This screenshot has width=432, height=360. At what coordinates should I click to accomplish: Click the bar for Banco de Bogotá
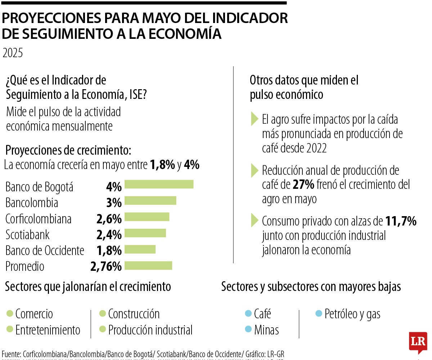pyautogui.click(x=159, y=184)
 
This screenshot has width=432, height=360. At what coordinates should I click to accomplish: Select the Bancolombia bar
pyautogui.click(x=150, y=200)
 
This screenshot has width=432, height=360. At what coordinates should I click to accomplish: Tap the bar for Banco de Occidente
pyautogui.click(x=140, y=249)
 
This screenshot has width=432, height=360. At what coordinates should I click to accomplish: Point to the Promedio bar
pyautogui.click(x=148, y=265)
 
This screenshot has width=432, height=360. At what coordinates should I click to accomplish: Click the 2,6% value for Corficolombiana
pyautogui.click(x=109, y=219)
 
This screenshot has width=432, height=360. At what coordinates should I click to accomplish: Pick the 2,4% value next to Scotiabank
pyautogui.click(x=109, y=235)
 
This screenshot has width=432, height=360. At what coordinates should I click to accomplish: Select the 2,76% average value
pyautogui.click(x=106, y=266)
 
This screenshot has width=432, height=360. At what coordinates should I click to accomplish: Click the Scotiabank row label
pyautogui.click(x=28, y=235)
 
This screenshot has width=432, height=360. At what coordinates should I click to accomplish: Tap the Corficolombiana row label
pyautogui.click(x=39, y=219)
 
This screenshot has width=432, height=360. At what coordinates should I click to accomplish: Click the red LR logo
pyautogui.click(x=418, y=342)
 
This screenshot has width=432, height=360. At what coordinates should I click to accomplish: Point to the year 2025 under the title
pyautogui.click(x=13, y=53)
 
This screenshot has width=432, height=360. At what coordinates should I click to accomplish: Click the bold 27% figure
pyautogui.click(x=303, y=184)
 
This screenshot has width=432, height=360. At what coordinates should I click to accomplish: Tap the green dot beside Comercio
pyautogui.click(x=10, y=314)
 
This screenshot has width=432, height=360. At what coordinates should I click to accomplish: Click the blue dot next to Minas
pyautogui.click(x=248, y=329)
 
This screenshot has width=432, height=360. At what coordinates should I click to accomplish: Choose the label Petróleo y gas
pyautogui.click(x=352, y=314)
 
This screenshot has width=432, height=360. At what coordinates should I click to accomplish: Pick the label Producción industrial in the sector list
pyautogui.click(x=150, y=329)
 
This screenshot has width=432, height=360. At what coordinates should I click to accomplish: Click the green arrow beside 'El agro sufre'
pyautogui.click(x=255, y=119)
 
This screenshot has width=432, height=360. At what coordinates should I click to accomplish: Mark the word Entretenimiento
pyautogui.click(x=48, y=329)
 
